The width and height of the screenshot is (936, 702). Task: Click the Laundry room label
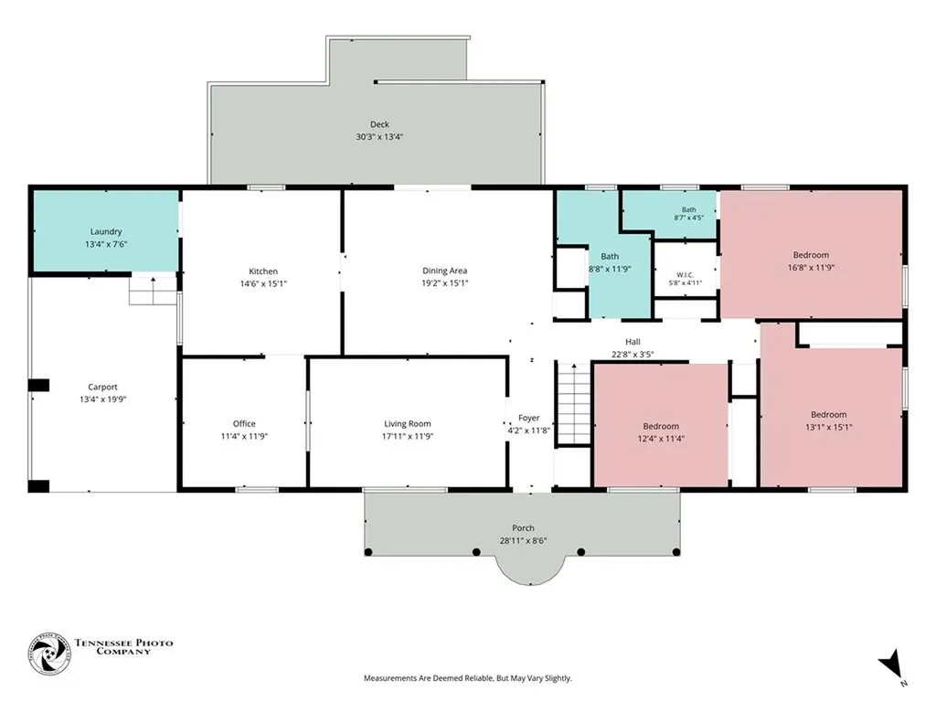point(106,231)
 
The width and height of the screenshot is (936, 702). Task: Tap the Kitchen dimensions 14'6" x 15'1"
point(263,283)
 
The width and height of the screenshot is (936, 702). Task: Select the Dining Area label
point(445,271)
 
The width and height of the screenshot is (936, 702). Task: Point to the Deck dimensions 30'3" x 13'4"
point(379,137)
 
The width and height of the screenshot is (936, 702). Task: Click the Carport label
point(102,387)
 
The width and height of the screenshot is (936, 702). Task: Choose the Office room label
point(244,423)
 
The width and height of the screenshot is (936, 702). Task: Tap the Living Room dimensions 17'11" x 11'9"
point(408,436)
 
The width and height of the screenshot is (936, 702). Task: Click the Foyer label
point(529,418)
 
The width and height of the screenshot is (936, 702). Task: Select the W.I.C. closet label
point(686,275)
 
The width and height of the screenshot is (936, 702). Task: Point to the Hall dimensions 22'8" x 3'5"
point(633,354)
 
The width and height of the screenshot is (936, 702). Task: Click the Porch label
point(523,527)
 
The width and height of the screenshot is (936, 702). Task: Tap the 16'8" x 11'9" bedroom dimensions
point(811,268)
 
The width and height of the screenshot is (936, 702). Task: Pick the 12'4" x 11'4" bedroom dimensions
point(661,438)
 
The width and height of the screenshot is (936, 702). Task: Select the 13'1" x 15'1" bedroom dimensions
point(828,427)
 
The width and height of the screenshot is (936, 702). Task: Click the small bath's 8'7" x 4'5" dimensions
point(689,218)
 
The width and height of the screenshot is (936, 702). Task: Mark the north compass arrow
point(890,665)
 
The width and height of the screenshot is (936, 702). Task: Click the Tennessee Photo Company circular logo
point(49,654)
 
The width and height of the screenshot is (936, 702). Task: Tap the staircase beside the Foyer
point(574,404)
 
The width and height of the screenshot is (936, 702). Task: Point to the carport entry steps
point(154,290)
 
